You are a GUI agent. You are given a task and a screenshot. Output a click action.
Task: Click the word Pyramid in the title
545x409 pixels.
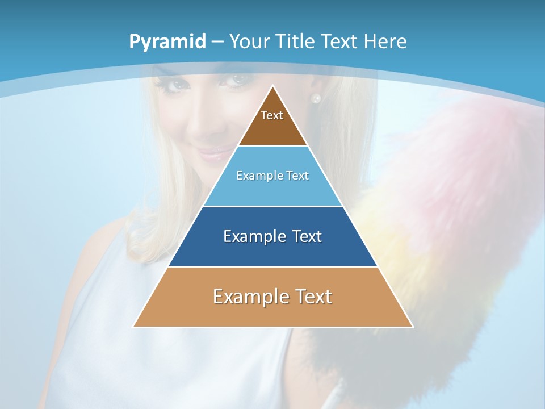point(167,42)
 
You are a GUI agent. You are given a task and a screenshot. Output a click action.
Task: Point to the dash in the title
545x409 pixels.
point(217,42)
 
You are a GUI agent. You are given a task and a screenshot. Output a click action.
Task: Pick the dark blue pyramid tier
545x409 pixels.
point(272,250)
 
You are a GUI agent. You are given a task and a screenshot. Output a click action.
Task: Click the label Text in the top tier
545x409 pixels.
point(272,115)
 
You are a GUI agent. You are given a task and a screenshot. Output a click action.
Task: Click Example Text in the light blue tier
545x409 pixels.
point(272,176)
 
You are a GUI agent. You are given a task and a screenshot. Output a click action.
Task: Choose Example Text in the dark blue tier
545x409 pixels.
point(272,236)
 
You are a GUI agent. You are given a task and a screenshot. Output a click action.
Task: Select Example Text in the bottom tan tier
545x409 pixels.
point(272,297)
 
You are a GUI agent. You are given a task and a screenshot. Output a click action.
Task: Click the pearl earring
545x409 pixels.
point(316,98)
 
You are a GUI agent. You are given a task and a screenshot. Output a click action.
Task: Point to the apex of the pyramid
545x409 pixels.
point(273,86)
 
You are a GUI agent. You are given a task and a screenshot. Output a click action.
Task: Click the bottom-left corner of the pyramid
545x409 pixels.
point(134,326)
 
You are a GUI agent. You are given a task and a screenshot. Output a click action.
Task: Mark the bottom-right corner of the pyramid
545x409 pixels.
point(412,326)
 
